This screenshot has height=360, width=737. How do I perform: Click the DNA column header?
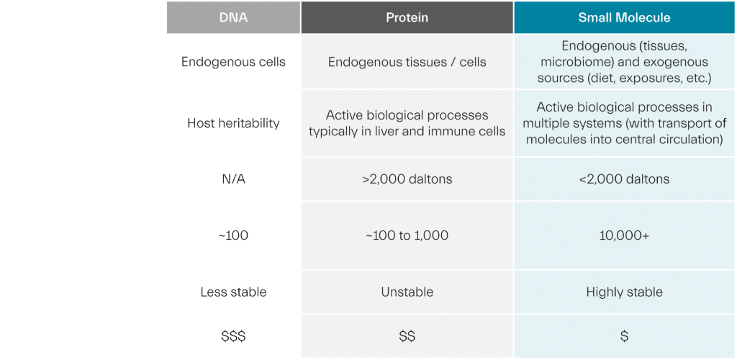(233, 17)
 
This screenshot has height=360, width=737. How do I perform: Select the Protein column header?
(407, 17)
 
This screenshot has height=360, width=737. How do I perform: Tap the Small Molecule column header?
(624, 17)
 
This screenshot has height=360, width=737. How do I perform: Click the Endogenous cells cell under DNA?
(233, 62)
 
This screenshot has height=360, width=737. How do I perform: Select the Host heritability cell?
(233, 123)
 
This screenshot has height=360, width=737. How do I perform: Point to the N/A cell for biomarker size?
(233, 179)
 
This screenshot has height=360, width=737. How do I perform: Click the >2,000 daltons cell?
(407, 179)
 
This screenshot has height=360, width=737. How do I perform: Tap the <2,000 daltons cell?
(624, 179)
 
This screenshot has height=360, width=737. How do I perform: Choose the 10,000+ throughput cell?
(624, 235)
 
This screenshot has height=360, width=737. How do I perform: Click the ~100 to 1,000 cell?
(407, 235)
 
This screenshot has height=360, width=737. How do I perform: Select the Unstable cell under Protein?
(407, 292)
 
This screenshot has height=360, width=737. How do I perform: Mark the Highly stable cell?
(624, 292)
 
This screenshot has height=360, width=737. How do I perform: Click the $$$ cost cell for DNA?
(233, 336)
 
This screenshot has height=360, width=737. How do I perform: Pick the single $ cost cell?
(624, 336)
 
